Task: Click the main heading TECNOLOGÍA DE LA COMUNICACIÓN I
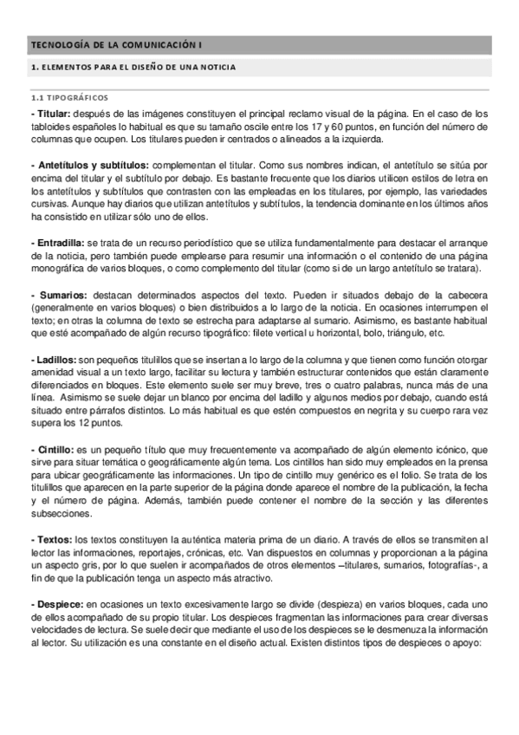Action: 117,44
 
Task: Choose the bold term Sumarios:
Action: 58,296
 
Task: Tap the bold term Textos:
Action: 52,540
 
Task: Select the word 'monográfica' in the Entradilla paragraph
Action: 59,270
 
